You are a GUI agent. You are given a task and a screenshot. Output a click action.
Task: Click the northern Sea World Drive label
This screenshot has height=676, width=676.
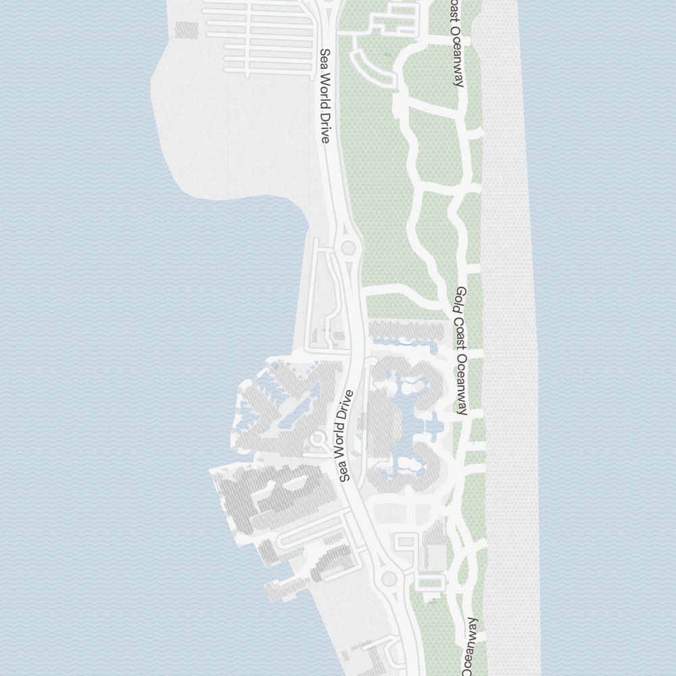coord(326,95)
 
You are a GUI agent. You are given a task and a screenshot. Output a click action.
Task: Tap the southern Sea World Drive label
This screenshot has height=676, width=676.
coord(347,436)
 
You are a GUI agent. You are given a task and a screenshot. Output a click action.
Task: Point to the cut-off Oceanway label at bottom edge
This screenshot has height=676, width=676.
coord(473,646)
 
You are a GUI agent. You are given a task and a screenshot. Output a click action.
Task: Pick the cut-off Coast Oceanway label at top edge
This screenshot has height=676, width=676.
coord(457,43)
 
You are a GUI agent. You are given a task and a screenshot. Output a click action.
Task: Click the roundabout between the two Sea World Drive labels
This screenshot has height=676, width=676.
coord(348,247)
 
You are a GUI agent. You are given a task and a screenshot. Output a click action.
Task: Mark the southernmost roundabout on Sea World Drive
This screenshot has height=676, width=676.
coord(389,579)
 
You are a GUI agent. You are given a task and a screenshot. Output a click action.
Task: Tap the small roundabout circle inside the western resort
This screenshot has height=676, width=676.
coord(316,439)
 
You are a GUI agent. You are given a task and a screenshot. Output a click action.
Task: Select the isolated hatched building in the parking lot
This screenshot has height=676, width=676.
coord(187,30)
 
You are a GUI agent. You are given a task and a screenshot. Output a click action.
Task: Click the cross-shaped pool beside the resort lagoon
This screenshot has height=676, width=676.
coord(427,426)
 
